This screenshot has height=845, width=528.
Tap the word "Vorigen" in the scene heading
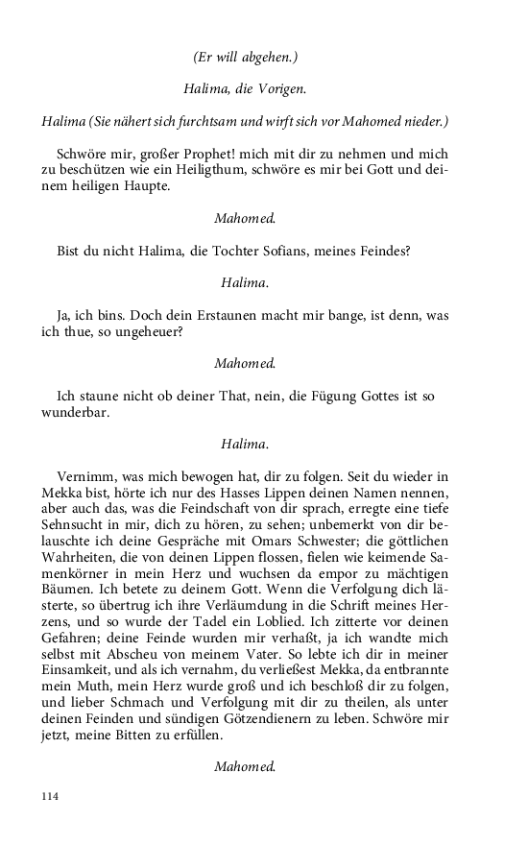(x=277, y=89)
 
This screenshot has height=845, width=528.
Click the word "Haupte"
(x=144, y=186)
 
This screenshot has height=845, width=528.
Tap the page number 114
(x=50, y=797)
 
